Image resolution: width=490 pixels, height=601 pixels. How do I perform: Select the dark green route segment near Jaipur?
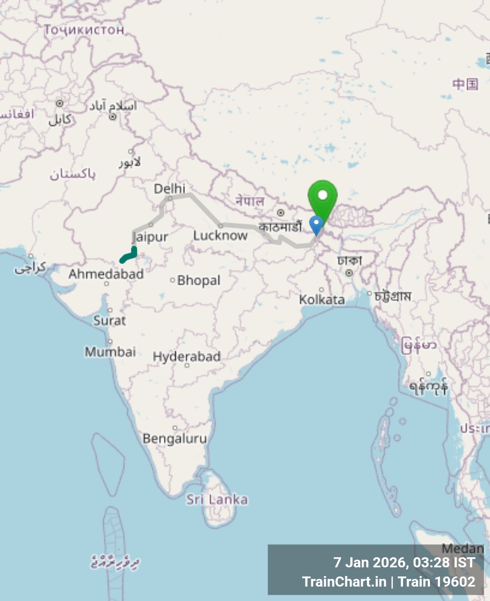point(129,255)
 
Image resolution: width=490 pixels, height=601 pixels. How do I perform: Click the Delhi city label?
point(169,188)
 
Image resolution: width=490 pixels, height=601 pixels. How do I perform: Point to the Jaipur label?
point(150,237)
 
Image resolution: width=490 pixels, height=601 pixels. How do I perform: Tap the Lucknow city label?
point(220,235)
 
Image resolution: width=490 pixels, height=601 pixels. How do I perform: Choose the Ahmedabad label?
point(106,274)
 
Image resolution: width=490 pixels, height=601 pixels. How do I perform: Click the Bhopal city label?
point(199,280)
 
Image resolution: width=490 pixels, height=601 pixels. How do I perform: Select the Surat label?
point(110,320)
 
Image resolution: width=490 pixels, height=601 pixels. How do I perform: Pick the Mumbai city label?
point(110,352)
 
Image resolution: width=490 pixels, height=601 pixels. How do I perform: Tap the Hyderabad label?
point(186,357)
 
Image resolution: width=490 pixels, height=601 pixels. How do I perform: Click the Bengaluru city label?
point(174,438)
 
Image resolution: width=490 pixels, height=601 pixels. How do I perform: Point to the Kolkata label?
point(321,300)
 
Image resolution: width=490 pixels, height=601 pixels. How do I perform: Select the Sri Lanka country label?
point(217,500)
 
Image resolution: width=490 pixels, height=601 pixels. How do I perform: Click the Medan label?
point(463,549)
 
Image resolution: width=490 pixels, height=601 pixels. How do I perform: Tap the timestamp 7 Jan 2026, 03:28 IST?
point(404,562)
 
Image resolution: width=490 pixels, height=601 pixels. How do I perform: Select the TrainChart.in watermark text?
point(344,582)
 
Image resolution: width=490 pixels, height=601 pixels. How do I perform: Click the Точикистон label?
point(84,30)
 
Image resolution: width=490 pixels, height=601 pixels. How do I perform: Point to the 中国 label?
point(465,84)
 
